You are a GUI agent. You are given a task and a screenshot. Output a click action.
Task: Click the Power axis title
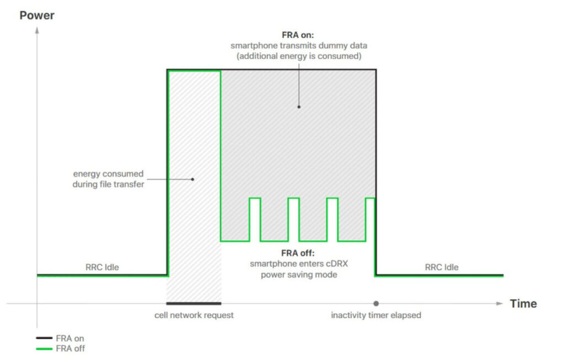pos(37,15)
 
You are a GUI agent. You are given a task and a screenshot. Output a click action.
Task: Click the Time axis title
pos(523,304)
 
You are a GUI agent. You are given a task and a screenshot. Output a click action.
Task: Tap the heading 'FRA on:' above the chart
pos(297,35)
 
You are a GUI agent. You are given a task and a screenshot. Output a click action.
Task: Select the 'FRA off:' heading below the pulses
pos(297,253)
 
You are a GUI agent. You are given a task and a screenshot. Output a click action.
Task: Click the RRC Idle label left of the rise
pos(102,267)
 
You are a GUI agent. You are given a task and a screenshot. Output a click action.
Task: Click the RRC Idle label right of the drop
pos(441,267)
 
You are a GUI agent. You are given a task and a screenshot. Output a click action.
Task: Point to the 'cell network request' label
pos(194,315)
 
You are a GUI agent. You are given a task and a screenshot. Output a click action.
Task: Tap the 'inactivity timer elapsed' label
pos(376,315)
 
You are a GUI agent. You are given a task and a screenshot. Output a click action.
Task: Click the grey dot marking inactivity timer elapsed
pos(376,304)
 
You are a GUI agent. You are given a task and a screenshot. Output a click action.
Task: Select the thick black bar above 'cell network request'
pos(194,304)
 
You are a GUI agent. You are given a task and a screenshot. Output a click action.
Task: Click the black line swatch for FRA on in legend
pos(44,338)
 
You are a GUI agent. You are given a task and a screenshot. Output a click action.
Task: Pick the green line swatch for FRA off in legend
pos(44,348)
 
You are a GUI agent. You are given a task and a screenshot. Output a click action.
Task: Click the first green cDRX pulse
pos(255,198)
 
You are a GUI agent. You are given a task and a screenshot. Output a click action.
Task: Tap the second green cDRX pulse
pos(294,198)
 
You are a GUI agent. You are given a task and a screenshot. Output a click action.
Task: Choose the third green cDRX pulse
pos(333,198)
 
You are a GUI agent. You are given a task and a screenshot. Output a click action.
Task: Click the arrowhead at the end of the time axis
pos(500,304)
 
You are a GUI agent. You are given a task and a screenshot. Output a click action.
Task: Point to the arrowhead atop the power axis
pos(37,30)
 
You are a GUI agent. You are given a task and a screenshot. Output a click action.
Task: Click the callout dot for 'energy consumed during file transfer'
pos(193,179)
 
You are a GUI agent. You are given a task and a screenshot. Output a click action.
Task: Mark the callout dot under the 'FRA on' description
pos(299,107)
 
